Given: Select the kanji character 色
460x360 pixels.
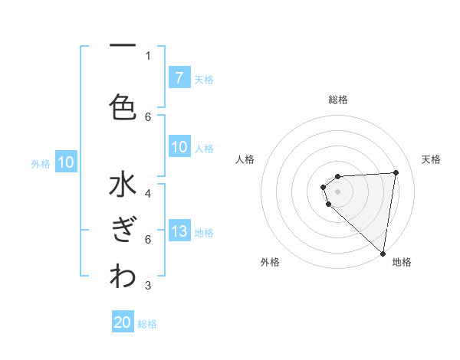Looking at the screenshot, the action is pos(122,106).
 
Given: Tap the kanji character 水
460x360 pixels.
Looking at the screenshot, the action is pos(122,188).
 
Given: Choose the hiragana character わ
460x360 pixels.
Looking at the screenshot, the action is pos(122,278).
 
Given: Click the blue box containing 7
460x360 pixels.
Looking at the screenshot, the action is pos(179,78).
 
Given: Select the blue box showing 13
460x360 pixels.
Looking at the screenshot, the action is pos(179,232).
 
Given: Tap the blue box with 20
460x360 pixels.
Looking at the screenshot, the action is pos(123,322).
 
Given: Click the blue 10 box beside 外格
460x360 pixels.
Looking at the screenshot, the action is pos(66,162).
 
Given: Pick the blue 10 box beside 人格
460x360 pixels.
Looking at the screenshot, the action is pos(179,147).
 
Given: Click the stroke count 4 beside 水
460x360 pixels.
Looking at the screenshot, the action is pos(148,193).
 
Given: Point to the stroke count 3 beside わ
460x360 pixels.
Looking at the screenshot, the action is pos(148,286).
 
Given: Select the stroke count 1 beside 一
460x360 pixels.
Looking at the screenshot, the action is pos(148,55).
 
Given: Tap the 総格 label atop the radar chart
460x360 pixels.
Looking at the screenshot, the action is pos(338,100).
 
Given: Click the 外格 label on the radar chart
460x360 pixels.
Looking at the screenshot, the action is pos(270,262).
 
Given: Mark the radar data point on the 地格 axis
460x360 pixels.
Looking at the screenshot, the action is pos(383,253).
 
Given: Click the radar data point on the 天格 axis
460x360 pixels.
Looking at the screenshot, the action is pos(396,172).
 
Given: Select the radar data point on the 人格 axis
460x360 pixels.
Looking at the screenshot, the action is pos(324,186).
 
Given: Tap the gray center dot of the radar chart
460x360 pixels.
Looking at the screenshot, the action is pos(338,191).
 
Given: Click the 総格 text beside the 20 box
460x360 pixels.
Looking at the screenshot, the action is pos(147,323).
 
